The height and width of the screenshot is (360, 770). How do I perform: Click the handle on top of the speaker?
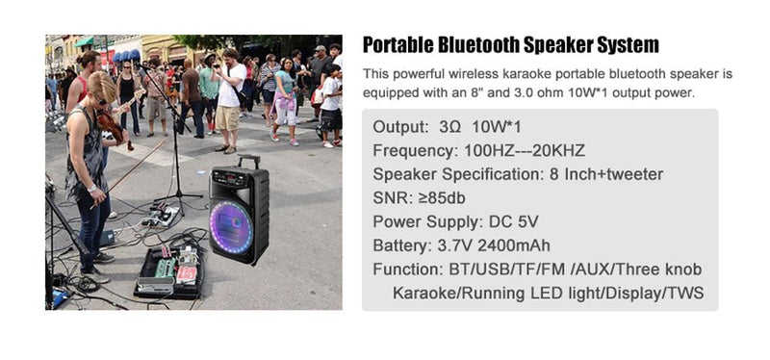click(x=247, y=162)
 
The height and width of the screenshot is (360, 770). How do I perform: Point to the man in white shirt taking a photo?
click(x=228, y=100)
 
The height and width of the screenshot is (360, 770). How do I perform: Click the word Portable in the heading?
click(x=400, y=44)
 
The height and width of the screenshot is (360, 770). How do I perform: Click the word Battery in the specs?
click(x=399, y=244)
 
